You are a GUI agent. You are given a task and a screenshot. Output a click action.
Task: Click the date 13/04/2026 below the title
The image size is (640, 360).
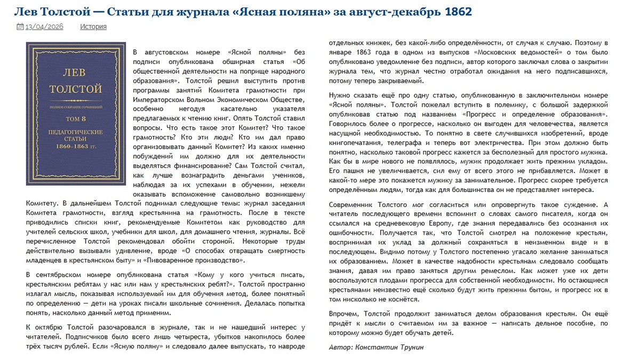(x=44, y=27)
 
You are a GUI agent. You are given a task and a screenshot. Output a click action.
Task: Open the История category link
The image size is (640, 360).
(x=93, y=27)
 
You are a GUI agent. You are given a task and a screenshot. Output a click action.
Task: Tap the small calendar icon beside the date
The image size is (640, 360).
(x=20, y=27)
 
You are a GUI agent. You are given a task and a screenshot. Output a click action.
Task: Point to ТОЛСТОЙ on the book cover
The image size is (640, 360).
(x=76, y=89)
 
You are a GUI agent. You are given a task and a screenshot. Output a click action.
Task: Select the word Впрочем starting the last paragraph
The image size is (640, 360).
(x=345, y=315)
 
